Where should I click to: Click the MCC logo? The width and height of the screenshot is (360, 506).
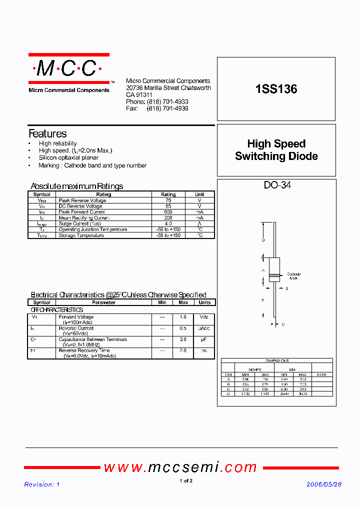pos(68,68)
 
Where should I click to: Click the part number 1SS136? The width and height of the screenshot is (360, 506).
pos(276,89)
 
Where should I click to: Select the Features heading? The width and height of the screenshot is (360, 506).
pos(47,133)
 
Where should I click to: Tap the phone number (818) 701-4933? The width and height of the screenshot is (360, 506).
pos(167,101)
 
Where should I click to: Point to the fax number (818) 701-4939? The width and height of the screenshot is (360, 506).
pos(167,108)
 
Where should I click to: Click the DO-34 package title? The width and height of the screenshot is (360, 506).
pos(277,185)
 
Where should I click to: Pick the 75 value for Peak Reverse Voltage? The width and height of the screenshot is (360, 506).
pos(168,200)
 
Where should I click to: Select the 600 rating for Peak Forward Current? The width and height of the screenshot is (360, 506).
pos(168,212)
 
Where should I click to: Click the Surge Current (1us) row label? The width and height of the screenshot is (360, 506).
pos(79,223)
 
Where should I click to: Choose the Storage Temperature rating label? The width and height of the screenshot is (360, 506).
pos(81,235)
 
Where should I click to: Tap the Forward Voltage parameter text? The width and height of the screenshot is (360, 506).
pos(76,317)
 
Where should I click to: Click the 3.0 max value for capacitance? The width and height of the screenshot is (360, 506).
pos(183,339)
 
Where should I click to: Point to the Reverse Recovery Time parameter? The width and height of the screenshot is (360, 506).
pos(84,350)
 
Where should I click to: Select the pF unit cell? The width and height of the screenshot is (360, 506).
pos(204,339)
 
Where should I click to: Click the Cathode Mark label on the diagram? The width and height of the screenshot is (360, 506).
pos(293,276)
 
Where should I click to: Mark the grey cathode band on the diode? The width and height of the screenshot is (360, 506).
pos(273,275)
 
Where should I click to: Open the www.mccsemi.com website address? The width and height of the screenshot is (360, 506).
pos(180,467)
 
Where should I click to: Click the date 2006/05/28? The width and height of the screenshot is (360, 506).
pos(323,484)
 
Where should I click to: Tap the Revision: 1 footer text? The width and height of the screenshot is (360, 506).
pos(42,484)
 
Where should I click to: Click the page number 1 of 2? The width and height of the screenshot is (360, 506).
pos(185,481)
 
